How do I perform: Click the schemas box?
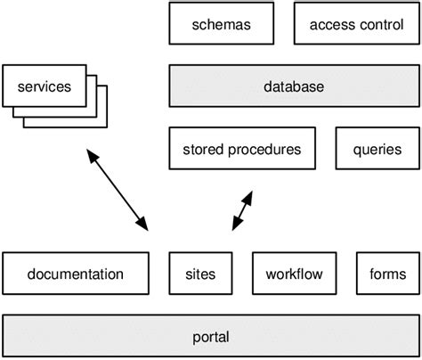pos(222,24)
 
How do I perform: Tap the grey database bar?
pos(293,86)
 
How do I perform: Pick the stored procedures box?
pos(241,149)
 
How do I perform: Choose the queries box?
pos(377,149)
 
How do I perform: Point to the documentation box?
pos(76,274)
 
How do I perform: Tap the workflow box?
pos(294,274)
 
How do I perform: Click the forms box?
pos(386,274)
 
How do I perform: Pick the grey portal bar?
pos(210,337)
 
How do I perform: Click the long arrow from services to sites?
pos(117,191)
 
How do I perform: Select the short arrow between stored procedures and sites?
pos(241,210)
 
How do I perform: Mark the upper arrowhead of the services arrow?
pos(92,158)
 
